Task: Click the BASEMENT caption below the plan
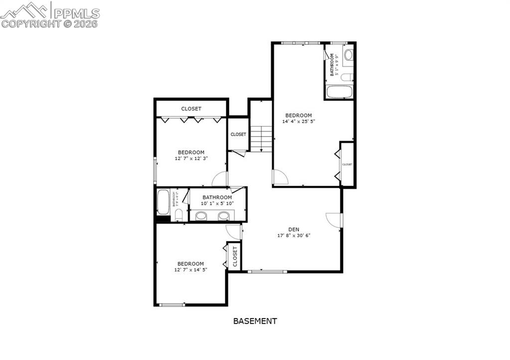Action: (255, 321)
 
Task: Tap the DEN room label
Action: (294, 230)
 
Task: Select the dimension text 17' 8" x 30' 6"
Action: (294, 236)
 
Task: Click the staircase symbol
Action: (261, 138)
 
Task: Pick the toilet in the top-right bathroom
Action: (349, 54)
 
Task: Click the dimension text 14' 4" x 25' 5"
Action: (299, 121)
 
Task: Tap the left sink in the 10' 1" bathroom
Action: (201, 216)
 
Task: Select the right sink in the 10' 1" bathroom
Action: (225, 216)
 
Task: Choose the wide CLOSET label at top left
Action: (191, 109)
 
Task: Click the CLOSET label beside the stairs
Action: (238, 134)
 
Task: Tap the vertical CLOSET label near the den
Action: (235, 256)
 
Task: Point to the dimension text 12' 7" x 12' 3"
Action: (191, 158)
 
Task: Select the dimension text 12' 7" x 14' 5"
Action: (191, 269)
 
